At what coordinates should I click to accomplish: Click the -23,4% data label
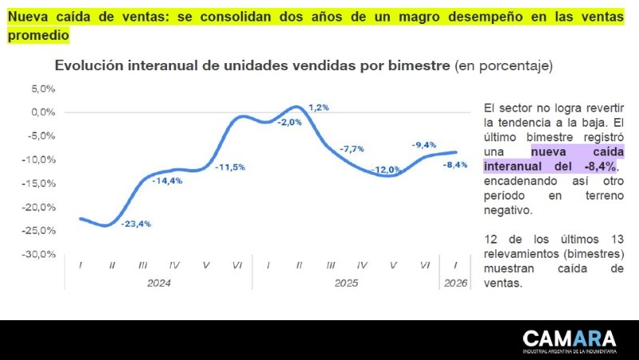click(136, 224)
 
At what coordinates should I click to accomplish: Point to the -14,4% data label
click(167, 181)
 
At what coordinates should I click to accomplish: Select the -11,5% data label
click(229, 167)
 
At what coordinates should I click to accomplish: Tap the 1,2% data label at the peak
click(319, 107)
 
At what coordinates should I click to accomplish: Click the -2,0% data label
click(289, 122)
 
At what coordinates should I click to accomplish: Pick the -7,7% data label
click(351, 149)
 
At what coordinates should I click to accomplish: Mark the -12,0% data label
click(386, 169)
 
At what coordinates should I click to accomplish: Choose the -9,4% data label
click(423, 144)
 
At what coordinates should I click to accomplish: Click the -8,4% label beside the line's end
click(455, 164)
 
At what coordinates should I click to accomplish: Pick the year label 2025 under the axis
click(346, 283)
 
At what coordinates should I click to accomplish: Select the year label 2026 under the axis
click(455, 283)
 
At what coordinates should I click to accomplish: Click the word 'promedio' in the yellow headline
click(38, 36)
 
